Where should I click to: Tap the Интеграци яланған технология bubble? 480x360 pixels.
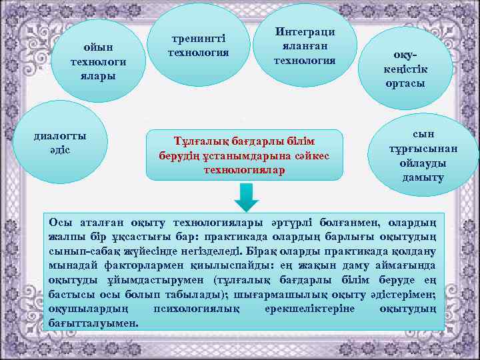tap(305, 47)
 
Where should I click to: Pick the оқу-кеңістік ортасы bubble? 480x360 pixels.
tap(405, 68)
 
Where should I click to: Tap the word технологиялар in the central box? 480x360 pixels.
tap(244, 170)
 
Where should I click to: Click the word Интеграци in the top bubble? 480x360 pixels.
tap(305, 32)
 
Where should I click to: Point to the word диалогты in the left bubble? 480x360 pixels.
tap(60, 136)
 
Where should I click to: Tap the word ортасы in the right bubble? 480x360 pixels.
tap(405, 84)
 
